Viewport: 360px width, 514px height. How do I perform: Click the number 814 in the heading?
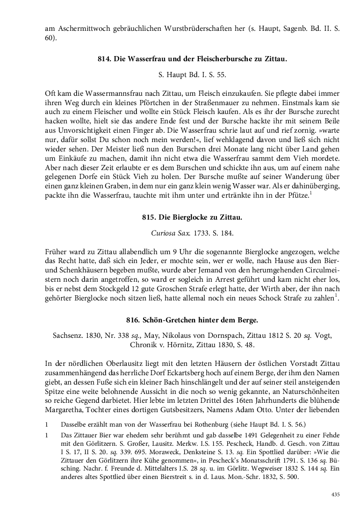(x=103, y=59)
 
